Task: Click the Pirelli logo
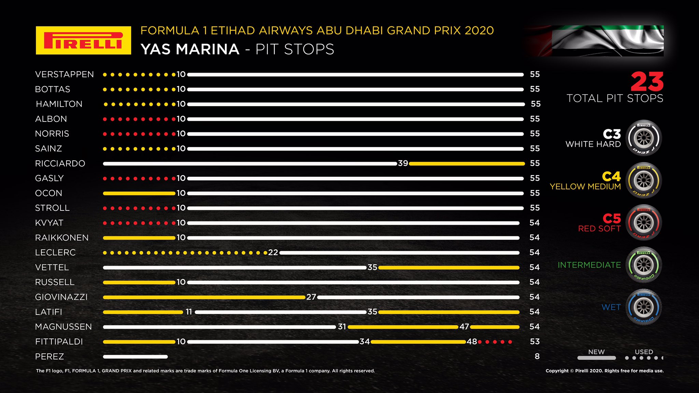[x=83, y=40]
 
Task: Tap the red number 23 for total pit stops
[x=647, y=82]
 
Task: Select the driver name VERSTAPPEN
[x=65, y=74]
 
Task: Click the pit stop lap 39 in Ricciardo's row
[x=403, y=163]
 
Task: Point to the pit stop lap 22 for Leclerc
[x=273, y=252]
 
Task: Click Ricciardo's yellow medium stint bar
[x=467, y=164]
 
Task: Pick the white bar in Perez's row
[x=135, y=357]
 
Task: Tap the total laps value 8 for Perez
[x=537, y=356]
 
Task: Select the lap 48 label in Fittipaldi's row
[x=472, y=341]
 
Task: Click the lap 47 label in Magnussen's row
[x=464, y=327]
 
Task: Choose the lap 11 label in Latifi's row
[x=189, y=312]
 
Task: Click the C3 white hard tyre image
[x=644, y=138]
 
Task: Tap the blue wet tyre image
[x=644, y=307]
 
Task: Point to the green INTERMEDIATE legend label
[x=589, y=265]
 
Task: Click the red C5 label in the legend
[x=612, y=218]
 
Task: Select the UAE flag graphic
[x=608, y=41]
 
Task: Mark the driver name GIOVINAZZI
[x=61, y=297]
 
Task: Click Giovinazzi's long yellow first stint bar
[x=204, y=297]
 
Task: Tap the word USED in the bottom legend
[x=644, y=352]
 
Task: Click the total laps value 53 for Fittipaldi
[x=535, y=341]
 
